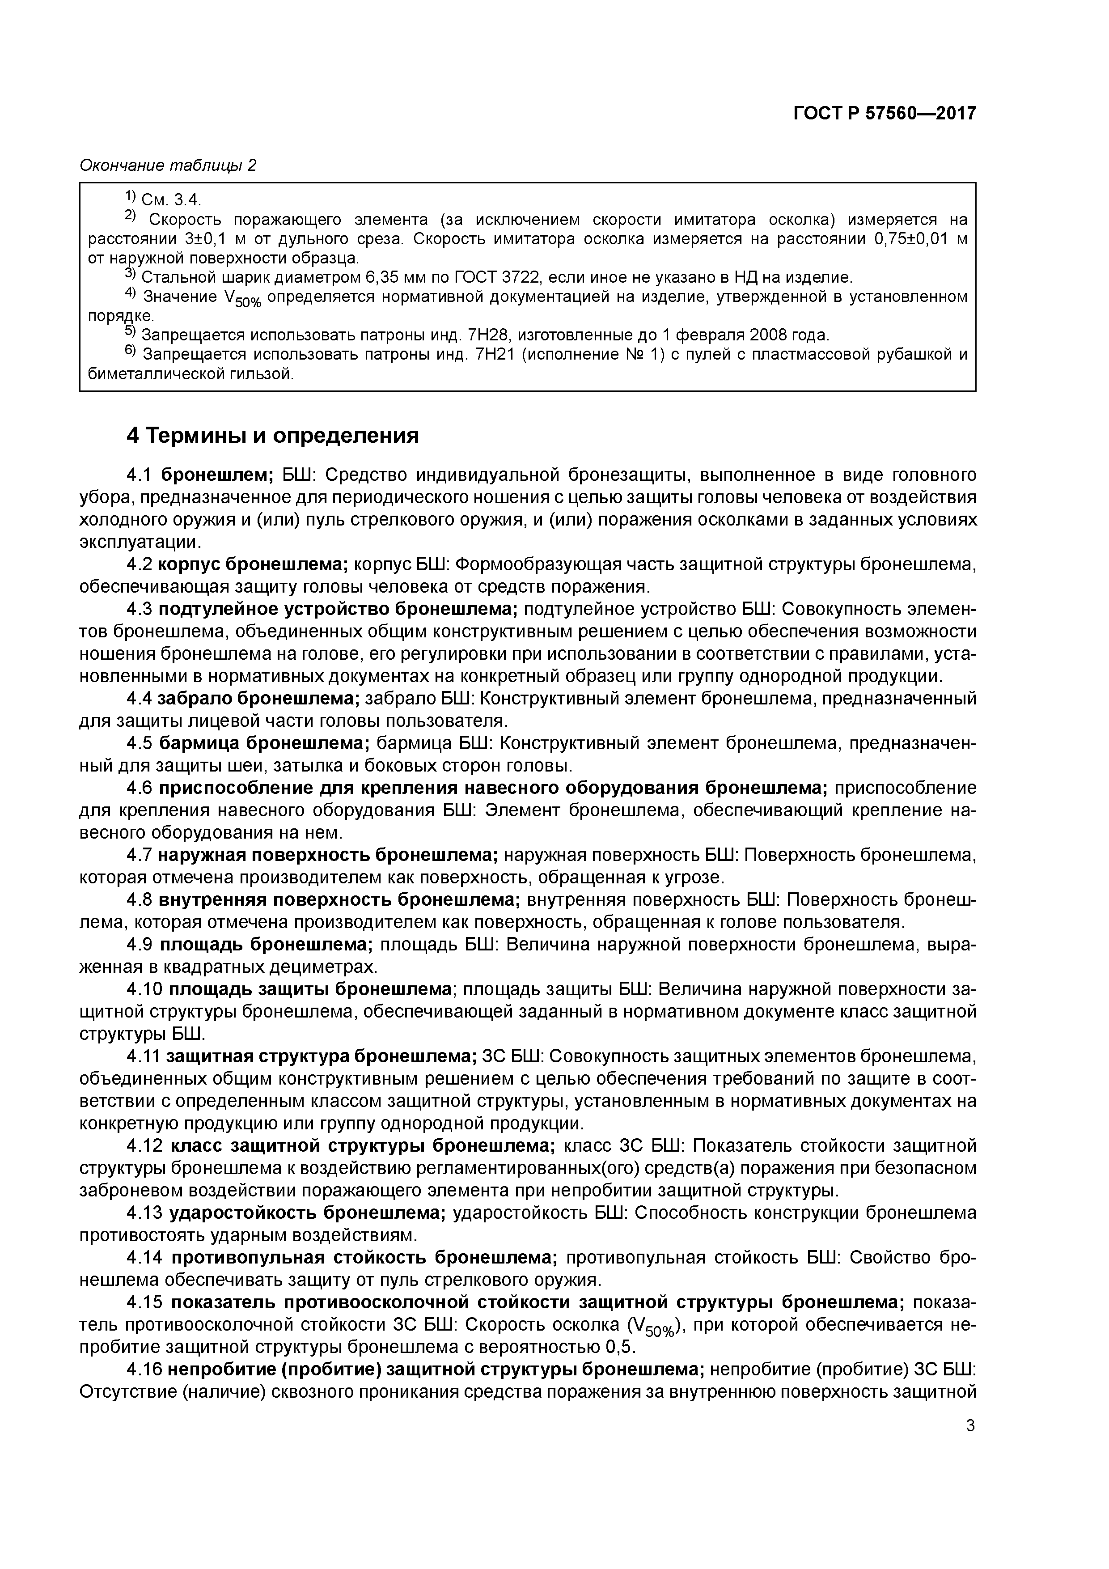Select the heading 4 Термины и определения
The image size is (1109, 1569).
click(273, 435)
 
